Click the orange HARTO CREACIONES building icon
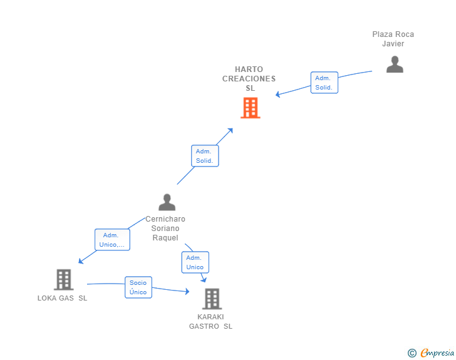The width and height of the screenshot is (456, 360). coord(251,108)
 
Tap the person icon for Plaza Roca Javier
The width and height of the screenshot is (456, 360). coord(395,64)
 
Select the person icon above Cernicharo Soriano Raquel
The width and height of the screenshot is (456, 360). coord(167,202)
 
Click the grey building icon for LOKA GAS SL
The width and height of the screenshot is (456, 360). coord(64,279)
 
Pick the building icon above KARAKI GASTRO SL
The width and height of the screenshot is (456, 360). coord(212,299)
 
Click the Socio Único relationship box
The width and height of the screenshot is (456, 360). coord(138,287)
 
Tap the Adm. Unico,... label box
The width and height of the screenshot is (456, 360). coord(112,240)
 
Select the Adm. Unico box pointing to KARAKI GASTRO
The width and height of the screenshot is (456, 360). coord(195,262)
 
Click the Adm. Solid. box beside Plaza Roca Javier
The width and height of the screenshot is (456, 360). coord(324,83)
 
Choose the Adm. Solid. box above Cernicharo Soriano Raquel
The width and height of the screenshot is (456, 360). coord(205,156)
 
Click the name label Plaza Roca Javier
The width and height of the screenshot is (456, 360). coord(393,39)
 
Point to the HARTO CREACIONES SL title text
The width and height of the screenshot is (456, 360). coord(249,78)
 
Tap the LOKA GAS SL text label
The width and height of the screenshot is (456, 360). coord(62,298)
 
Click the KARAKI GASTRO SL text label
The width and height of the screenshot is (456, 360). coord(210,321)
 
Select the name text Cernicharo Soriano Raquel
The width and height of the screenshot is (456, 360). coord(165,229)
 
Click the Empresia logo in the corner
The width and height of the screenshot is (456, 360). coord(437,352)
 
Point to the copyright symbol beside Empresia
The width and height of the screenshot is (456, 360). coord(412,353)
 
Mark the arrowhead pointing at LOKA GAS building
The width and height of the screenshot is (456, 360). coord(81,262)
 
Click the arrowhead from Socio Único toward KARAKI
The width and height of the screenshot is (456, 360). coord(187,291)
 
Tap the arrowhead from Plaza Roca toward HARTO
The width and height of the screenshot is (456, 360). coord(277,94)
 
